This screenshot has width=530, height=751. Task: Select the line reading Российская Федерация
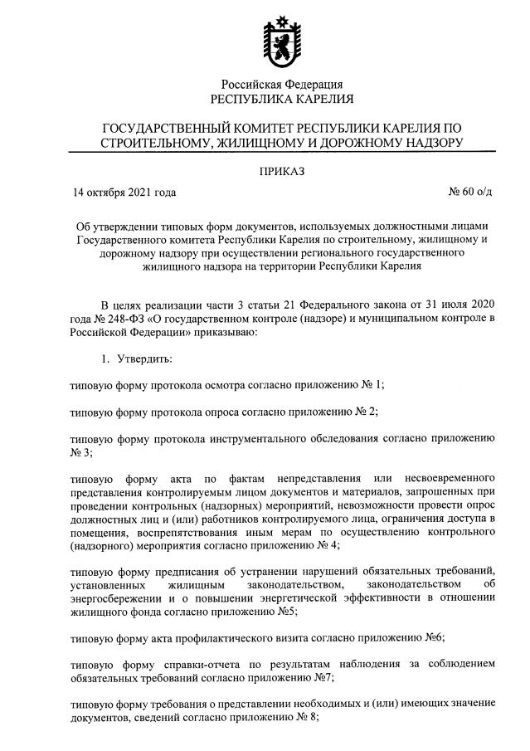tap(281, 84)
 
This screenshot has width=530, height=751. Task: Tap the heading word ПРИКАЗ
tap(281, 172)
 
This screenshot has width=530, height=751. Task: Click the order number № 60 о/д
tap(469, 193)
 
